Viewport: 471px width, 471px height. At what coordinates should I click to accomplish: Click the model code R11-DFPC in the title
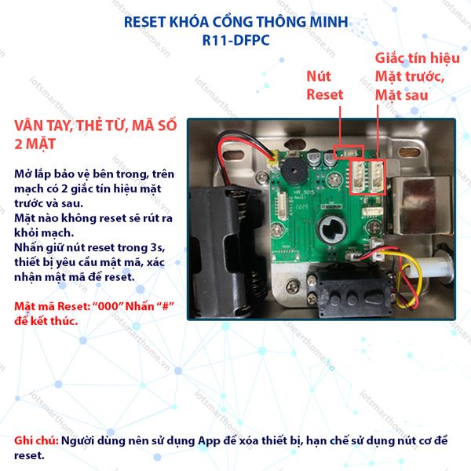coord(235,41)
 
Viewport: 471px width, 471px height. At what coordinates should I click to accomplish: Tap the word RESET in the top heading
coord(147,22)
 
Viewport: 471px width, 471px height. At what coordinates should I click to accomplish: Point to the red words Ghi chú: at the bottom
coord(36,440)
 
